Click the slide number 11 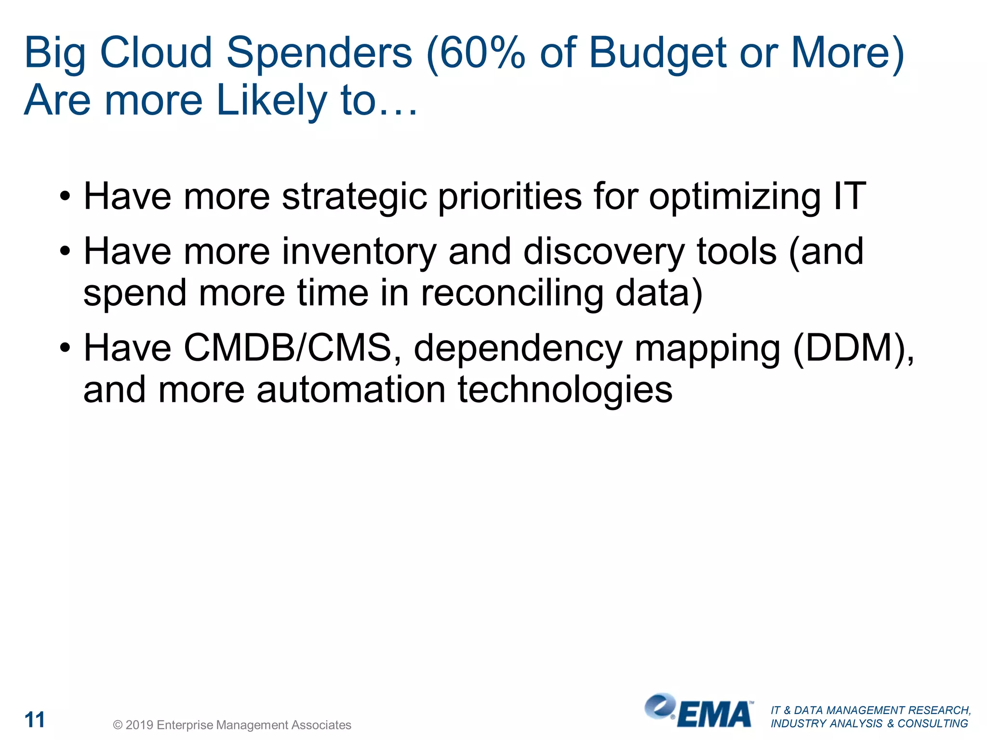tap(35, 720)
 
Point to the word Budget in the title tap(658, 54)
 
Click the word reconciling tap(512, 293)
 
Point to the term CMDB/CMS tap(286, 348)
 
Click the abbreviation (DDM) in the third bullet tap(852, 348)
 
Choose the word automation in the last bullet tap(351, 389)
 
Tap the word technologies tap(565, 390)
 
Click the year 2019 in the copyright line tap(139, 725)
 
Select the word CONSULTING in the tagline tap(933, 724)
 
